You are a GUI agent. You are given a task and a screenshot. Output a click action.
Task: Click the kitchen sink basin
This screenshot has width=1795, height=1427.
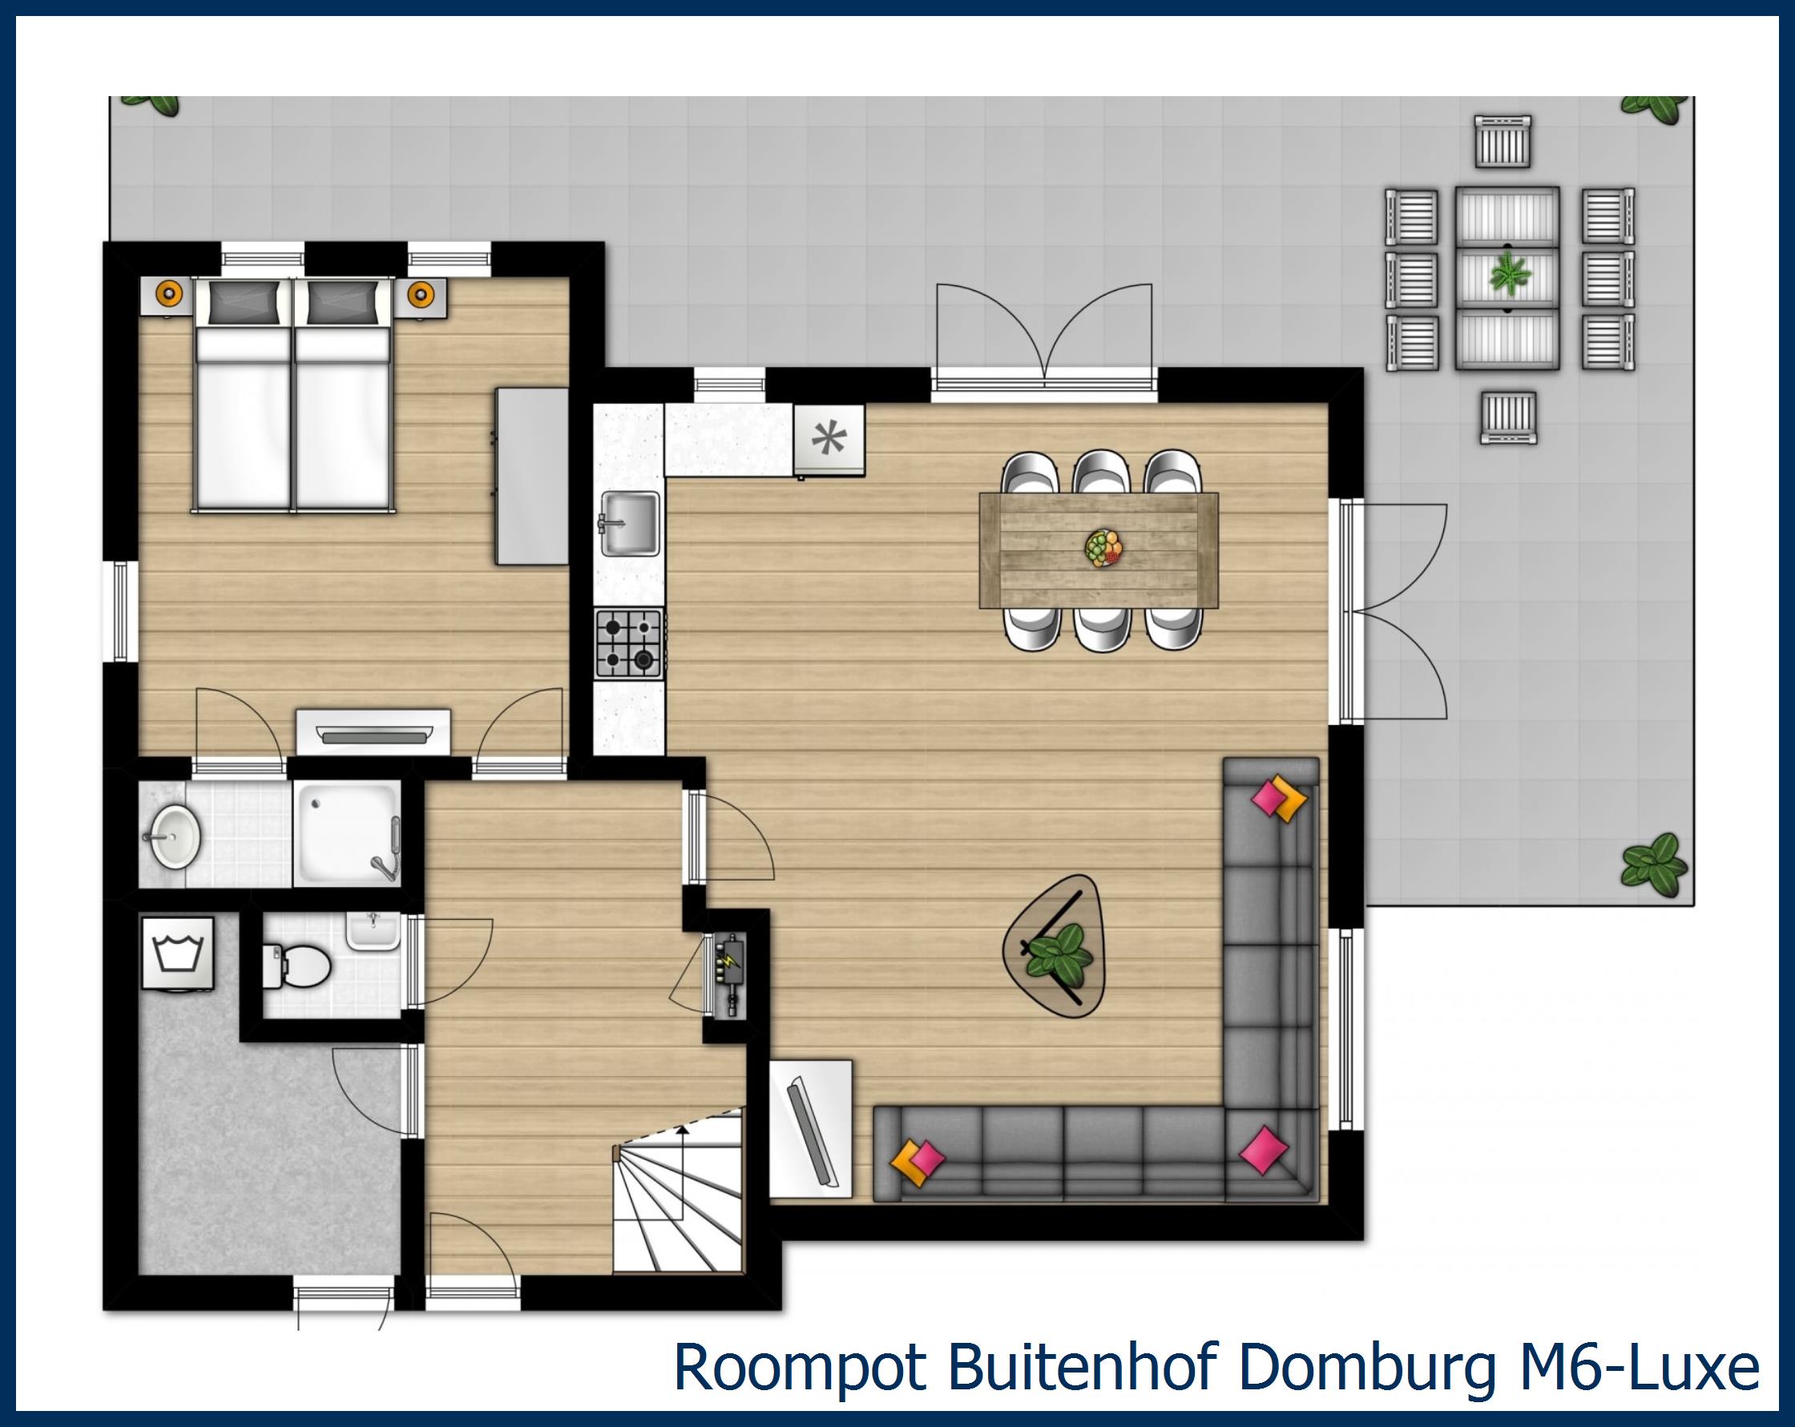pos(630,522)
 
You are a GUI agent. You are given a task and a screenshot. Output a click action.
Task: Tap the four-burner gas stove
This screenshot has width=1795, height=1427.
pos(628,643)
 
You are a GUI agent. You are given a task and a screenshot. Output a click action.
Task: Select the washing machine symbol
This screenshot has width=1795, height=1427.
pos(178,953)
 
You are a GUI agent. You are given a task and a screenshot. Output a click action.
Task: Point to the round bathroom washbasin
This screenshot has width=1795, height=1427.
pos(173,836)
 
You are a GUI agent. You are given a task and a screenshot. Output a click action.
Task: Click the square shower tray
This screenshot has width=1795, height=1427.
pos(347,832)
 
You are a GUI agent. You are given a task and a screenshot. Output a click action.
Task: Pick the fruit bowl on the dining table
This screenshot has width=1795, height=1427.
pos(1103,549)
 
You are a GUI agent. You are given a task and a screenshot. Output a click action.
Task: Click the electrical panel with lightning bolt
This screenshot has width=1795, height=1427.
pos(729,974)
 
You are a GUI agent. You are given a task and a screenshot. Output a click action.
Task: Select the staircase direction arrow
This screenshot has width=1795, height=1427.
pos(683,1132)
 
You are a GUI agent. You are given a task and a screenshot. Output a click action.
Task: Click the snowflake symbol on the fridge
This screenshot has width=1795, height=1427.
pos(829,439)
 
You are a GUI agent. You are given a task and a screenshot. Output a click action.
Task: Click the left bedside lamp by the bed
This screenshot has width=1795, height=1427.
pos(169,293)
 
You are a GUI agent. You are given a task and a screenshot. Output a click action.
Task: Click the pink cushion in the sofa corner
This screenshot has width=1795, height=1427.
pos(1263,1150)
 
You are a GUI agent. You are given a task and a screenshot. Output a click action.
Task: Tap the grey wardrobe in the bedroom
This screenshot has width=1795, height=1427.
pos(532,475)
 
